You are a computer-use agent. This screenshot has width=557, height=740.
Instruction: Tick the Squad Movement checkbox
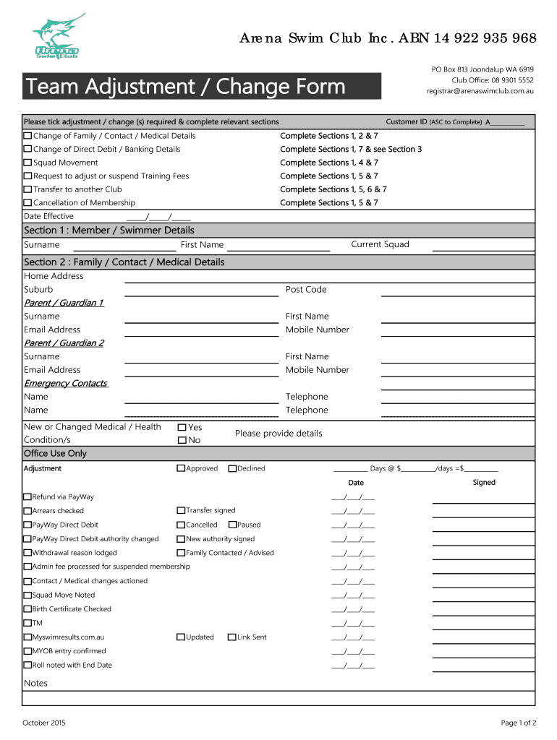(x=27, y=163)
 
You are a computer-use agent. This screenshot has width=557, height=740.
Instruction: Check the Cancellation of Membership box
(x=27, y=203)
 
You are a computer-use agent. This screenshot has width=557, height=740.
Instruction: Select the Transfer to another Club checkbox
(x=27, y=189)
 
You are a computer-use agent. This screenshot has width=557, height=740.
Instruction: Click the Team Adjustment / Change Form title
(x=186, y=87)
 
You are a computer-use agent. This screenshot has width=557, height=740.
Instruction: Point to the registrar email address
(x=480, y=91)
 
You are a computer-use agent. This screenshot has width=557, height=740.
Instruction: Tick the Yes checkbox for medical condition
(x=182, y=428)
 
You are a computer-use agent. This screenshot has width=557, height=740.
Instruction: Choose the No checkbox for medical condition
(x=182, y=440)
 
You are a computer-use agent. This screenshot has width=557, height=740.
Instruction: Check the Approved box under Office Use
(x=181, y=468)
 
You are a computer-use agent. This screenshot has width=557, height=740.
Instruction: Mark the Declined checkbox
(x=232, y=468)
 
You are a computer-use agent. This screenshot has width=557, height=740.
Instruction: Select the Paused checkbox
(x=232, y=525)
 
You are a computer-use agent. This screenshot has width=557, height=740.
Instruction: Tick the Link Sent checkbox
(x=232, y=637)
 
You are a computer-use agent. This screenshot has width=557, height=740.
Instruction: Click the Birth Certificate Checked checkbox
(x=27, y=609)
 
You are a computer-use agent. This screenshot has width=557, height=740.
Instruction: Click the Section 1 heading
(x=109, y=230)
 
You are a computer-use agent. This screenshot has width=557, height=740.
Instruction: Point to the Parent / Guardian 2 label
(x=64, y=343)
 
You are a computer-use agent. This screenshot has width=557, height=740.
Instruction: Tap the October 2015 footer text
(x=45, y=723)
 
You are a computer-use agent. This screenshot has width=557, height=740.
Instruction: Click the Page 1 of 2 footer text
(x=518, y=723)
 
